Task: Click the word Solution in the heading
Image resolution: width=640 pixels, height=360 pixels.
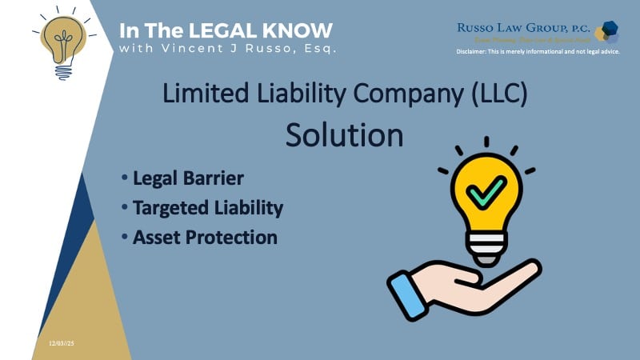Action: tap(345, 134)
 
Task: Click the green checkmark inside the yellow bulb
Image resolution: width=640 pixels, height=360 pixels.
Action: tap(486, 192)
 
